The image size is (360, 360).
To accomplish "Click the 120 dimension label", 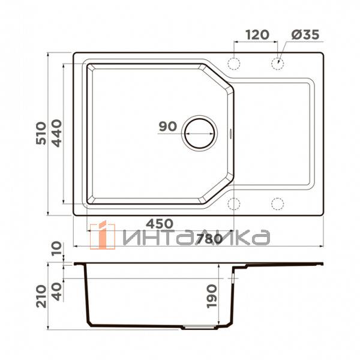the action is pyautogui.click(x=257, y=35).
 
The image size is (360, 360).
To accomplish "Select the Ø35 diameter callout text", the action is pyautogui.click(x=305, y=35).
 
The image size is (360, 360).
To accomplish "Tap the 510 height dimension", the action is pyautogui.click(x=41, y=133).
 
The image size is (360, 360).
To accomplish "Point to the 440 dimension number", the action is pyautogui.click(x=56, y=133).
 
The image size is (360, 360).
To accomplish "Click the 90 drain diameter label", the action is pyautogui.click(x=168, y=126).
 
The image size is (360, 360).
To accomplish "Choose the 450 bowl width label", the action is pyautogui.click(x=160, y=224).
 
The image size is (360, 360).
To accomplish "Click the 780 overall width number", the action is pyautogui.click(x=209, y=239).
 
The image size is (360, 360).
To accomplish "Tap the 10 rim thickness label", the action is pyautogui.click(x=57, y=248).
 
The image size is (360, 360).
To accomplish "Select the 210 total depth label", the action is pyautogui.click(x=41, y=296).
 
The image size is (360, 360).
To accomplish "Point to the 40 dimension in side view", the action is pyautogui.click(x=57, y=292).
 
